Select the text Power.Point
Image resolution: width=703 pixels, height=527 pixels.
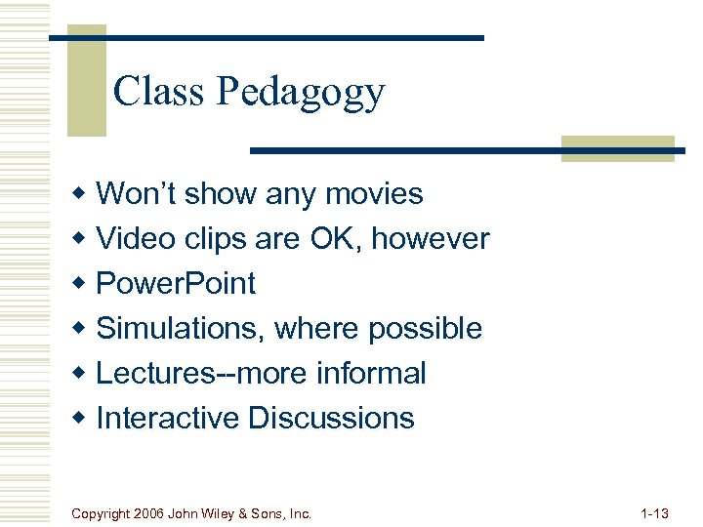pos(176,283)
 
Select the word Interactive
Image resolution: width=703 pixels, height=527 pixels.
pos(168,418)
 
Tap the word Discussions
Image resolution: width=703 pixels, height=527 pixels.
pos(331,418)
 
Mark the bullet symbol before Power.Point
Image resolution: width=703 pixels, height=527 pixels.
pos(82,284)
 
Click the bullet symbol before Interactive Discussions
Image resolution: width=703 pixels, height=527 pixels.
pos(82,419)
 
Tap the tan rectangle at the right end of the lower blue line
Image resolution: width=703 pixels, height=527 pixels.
pos(618,147)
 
